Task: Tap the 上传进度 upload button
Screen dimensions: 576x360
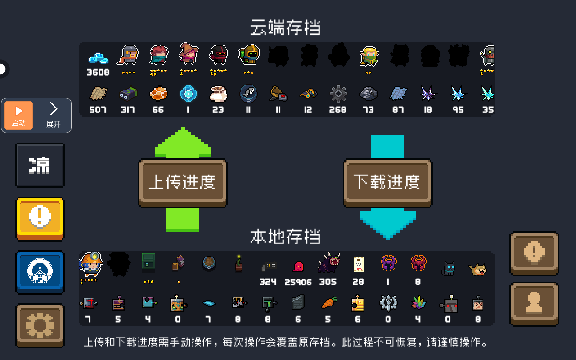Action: pos(183,183)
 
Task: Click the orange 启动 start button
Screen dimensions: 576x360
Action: pos(19,115)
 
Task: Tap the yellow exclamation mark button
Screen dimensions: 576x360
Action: pos(40,219)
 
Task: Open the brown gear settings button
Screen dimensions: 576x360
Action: pos(40,325)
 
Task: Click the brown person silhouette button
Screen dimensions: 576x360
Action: pos(534,303)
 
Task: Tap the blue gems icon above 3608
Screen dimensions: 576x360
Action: pos(98,58)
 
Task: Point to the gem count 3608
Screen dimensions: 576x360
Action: pos(98,72)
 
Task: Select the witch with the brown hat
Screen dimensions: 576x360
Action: pos(189,54)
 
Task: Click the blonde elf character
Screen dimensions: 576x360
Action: pos(369,57)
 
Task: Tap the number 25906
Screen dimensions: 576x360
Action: pos(298,282)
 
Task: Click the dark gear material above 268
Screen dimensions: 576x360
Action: pos(338,94)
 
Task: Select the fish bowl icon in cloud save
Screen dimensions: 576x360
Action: pos(248,94)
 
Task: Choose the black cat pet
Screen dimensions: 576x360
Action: pos(449,269)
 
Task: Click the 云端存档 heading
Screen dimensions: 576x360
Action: pos(285,27)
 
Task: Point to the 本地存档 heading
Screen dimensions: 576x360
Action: pos(285,236)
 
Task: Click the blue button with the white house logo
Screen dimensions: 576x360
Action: pos(40,272)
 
